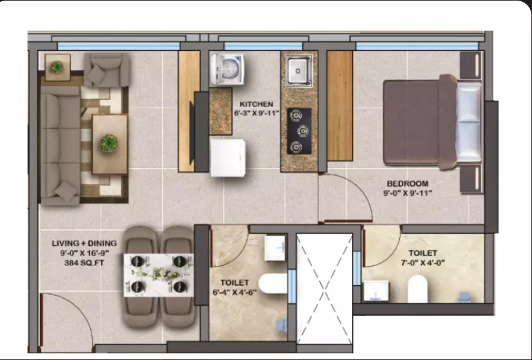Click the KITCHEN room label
click(x=256, y=104)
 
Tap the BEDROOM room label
click(x=407, y=184)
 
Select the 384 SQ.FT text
click(x=84, y=262)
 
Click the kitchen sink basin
click(x=298, y=70)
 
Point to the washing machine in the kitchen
click(x=227, y=69)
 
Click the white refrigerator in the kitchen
click(x=228, y=157)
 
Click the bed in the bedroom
click(x=432, y=122)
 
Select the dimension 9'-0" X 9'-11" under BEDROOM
click(x=407, y=193)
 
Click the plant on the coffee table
click(x=109, y=143)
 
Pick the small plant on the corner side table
click(x=57, y=67)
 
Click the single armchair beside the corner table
click(x=106, y=69)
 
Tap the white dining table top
click(x=158, y=275)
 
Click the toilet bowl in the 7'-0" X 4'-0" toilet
click(x=417, y=288)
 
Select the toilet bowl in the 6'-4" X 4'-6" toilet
click(x=273, y=284)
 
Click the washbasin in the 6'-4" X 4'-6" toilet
click(x=275, y=248)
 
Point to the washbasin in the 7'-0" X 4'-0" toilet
click(x=376, y=291)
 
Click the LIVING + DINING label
click(x=84, y=243)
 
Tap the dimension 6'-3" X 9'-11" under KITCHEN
click(x=256, y=113)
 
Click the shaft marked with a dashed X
click(x=324, y=289)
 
